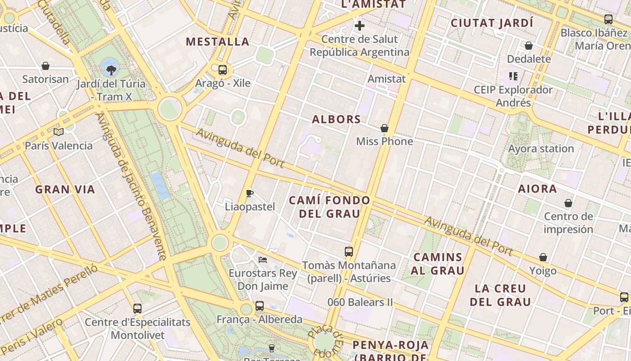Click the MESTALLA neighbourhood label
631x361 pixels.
(x=218, y=42)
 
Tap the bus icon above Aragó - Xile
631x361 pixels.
(x=223, y=69)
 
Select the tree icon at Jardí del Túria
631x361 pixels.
(x=111, y=69)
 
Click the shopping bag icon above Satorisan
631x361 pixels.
(x=46, y=66)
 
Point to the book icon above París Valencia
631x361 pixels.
(x=59, y=132)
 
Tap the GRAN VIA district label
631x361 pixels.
(x=65, y=190)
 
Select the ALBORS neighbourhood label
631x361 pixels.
(x=337, y=120)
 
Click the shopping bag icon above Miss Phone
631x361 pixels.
(x=384, y=129)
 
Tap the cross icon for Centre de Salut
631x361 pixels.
(x=360, y=26)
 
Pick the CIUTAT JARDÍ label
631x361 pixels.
(x=492, y=23)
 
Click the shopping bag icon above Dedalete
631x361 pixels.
(x=529, y=46)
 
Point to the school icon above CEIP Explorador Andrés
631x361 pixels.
(x=513, y=76)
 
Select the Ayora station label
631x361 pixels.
(x=541, y=149)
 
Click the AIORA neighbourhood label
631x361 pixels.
(x=537, y=189)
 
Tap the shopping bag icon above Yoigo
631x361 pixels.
(x=543, y=258)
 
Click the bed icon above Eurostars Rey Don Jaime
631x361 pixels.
(x=263, y=259)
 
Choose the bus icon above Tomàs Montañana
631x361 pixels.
(x=349, y=252)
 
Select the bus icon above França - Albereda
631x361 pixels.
(x=260, y=306)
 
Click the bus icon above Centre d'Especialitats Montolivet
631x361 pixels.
(x=137, y=309)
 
